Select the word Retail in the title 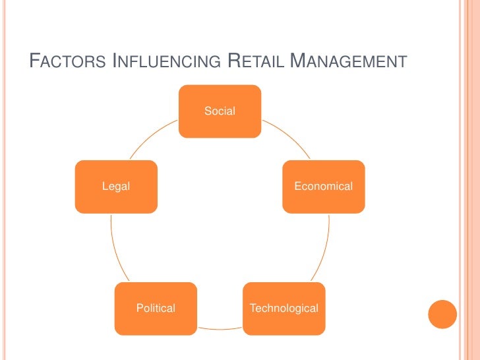click(x=255, y=63)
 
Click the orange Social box click(x=220, y=111)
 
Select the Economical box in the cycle click(x=323, y=187)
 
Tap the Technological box click(x=284, y=308)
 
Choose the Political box click(x=156, y=308)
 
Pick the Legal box click(x=116, y=187)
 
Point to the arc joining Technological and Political click(x=220, y=328)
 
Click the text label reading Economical click(x=323, y=187)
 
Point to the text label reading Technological click(x=284, y=308)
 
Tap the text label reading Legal click(x=116, y=187)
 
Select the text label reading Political click(x=156, y=308)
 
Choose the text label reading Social click(x=220, y=111)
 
